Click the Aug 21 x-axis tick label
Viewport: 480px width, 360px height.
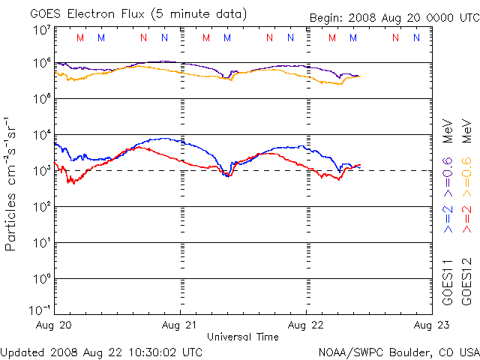180,325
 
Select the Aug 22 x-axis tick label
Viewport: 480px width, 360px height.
306,325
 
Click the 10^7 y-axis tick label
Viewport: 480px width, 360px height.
41,29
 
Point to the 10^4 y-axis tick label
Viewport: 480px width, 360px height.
41,135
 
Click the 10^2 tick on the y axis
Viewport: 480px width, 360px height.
41,207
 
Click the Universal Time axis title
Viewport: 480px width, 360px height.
242,337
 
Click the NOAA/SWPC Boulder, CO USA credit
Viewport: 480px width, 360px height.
398,352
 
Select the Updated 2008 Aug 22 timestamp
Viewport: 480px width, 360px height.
101,352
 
